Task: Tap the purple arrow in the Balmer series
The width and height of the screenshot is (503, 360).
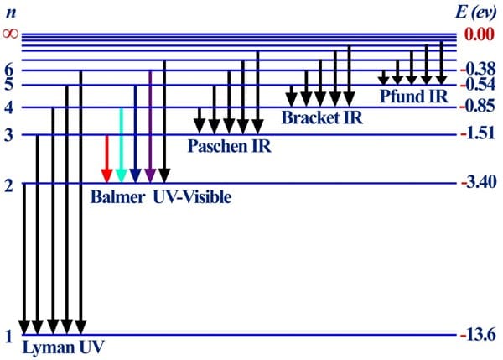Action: coord(149,126)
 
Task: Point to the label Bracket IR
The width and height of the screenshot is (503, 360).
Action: coord(322,117)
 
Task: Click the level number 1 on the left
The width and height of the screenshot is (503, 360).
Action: coord(8,337)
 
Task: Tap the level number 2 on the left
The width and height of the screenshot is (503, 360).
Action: coord(8,185)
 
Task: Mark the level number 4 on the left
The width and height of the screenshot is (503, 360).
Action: coord(8,107)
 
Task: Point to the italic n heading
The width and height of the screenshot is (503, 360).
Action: coord(9,12)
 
